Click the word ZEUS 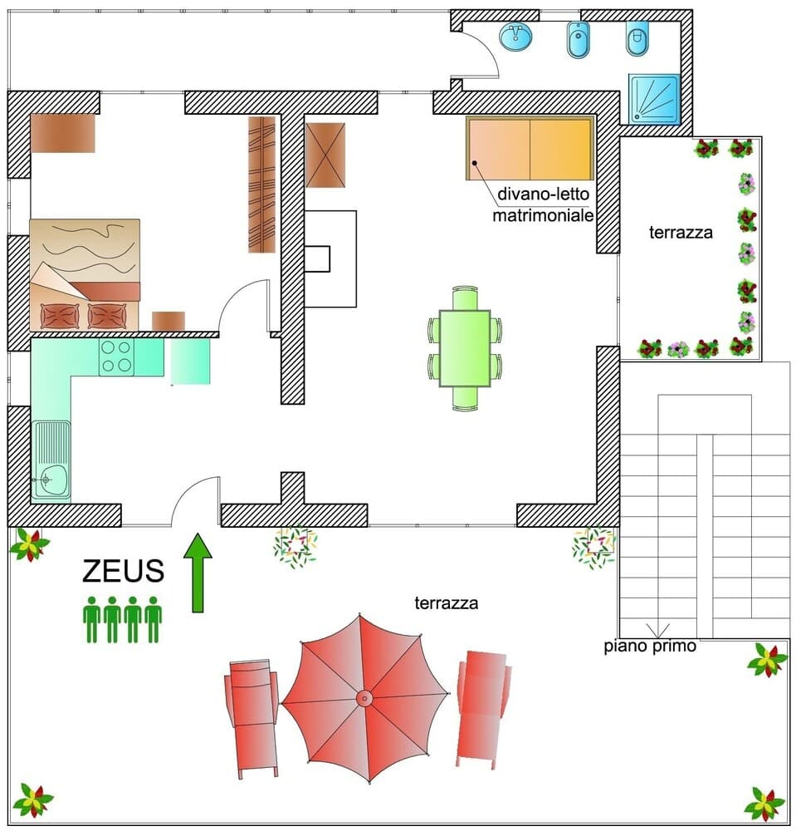123,572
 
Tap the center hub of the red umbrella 364,699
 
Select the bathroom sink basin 516,37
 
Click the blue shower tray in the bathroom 654,99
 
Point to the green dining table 465,347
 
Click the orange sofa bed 530,148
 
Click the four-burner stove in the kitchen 116,356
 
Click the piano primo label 650,647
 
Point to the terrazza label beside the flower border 681,233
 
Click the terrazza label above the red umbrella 446,603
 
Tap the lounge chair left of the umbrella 251,716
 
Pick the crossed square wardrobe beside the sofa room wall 325,155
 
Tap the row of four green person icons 123,619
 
